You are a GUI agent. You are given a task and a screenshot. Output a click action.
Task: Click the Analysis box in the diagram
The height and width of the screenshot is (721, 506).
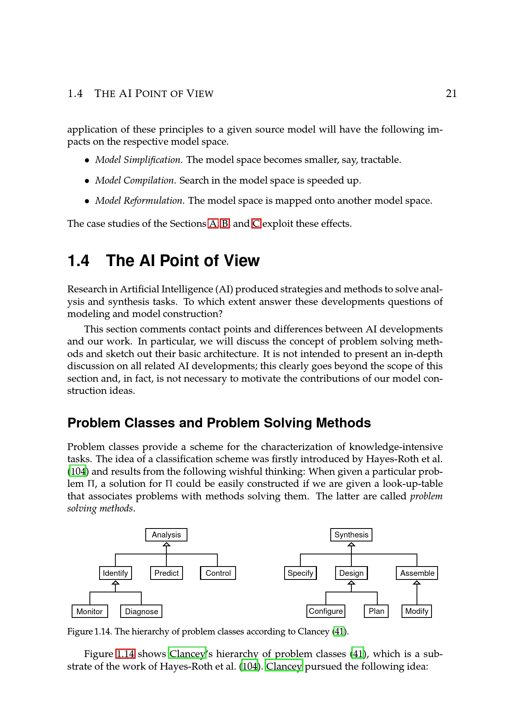(x=166, y=535)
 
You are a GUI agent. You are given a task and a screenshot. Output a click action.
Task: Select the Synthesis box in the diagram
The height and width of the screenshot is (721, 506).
(x=351, y=535)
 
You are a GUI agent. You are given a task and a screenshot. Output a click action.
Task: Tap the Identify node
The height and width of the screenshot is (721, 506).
(x=115, y=573)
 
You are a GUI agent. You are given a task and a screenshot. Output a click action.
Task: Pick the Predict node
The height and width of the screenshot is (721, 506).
(x=166, y=573)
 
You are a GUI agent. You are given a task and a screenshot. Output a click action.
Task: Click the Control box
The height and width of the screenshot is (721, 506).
(x=218, y=573)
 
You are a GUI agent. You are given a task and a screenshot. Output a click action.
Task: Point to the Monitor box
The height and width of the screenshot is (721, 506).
(x=89, y=611)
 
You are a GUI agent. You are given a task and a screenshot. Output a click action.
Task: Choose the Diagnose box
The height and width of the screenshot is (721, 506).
(x=141, y=611)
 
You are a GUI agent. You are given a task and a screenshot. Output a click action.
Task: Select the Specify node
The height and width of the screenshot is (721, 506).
(x=300, y=573)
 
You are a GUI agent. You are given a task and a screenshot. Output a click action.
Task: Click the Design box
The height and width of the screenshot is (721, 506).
(x=351, y=573)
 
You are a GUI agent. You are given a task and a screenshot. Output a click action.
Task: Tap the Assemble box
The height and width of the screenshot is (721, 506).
(x=417, y=573)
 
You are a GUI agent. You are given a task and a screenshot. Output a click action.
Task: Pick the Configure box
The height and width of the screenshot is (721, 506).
(x=326, y=611)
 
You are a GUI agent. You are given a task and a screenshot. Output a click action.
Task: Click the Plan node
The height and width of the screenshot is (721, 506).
(x=376, y=611)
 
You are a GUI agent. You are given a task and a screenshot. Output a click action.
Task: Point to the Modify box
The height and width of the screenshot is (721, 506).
(x=417, y=611)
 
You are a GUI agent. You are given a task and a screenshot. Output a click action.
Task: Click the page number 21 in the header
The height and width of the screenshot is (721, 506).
(x=451, y=94)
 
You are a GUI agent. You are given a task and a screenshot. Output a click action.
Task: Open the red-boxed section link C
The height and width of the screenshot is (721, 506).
(x=256, y=224)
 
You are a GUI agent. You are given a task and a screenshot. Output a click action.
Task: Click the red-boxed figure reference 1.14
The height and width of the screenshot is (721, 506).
(x=125, y=654)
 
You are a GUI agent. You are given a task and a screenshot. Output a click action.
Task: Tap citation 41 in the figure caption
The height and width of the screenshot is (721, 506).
(x=339, y=632)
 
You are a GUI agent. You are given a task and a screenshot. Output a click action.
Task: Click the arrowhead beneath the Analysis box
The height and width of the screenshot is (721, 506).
(x=166, y=544)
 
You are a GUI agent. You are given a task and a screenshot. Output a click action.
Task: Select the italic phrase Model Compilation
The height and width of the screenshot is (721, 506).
(x=135, y=180)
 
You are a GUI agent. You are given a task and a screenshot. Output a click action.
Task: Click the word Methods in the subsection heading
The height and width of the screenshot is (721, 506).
(x=343, y=423)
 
